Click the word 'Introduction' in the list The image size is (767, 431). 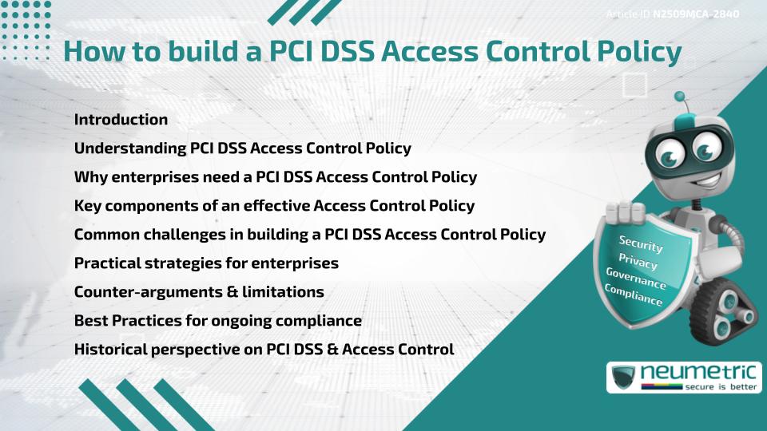pos(121,120)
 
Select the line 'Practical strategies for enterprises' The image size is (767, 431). pos(206,263)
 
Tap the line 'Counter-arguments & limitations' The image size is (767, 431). pos(199,292)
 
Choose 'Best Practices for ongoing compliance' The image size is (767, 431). pos(218,321)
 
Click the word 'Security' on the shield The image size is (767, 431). pos(641,243)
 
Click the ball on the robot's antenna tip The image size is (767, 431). pos(680,97)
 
